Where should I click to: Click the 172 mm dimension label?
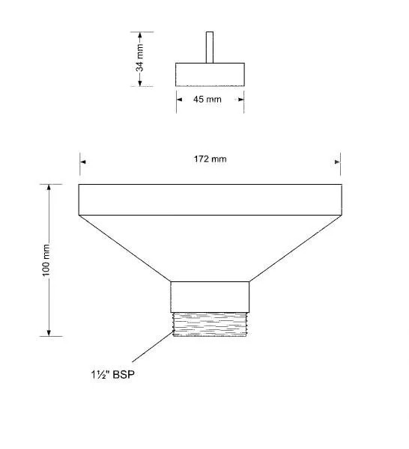coord(210,159)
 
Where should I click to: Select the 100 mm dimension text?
coord(46,260)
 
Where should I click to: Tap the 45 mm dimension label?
coord(207,100)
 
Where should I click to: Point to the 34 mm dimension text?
coord(139,58)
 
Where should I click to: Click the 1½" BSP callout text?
coord(112,375)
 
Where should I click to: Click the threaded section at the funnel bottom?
coord(210,325)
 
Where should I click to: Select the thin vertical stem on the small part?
coord(210,47)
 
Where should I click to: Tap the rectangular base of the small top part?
coord(210,74)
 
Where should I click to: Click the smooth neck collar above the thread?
coord(210,297)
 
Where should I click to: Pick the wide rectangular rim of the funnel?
coord(210,200)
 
